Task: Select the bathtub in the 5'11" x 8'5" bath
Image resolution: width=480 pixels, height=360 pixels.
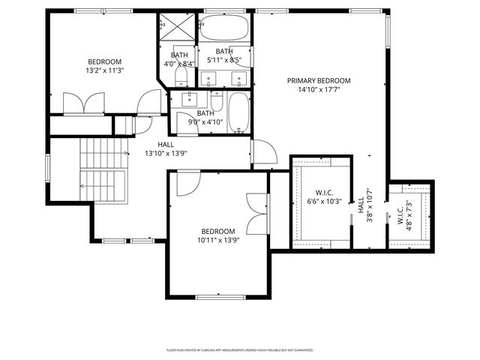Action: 225,30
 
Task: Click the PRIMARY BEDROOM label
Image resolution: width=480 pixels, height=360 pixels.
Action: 319,80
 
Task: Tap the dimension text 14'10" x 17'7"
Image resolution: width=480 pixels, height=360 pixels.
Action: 319,90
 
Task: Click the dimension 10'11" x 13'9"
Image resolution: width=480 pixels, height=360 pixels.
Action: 217,241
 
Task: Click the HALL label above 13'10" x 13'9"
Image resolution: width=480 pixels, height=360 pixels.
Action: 166,144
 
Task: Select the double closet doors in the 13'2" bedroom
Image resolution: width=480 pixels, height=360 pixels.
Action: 82,103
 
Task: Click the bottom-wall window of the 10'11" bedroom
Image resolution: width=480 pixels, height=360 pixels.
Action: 217,297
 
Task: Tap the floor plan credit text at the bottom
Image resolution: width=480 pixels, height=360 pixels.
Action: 239,349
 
